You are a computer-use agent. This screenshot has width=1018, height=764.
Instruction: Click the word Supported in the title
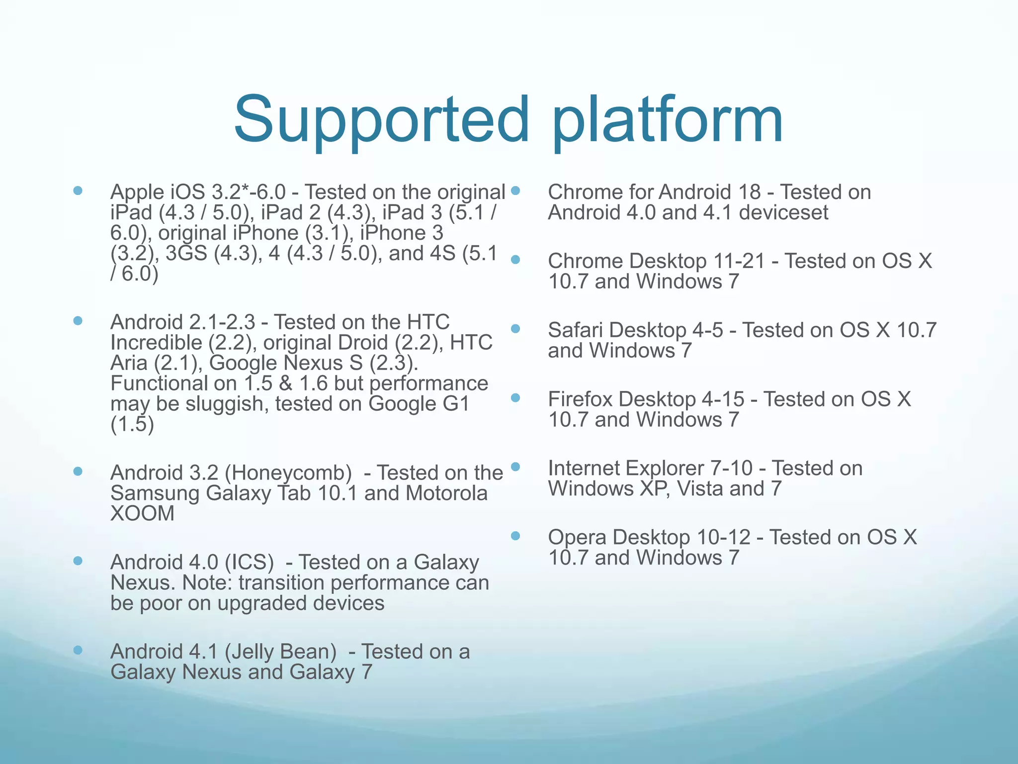382,121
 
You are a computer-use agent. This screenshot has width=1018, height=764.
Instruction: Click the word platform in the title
667,121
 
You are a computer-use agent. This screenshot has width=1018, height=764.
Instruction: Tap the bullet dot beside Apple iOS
78,191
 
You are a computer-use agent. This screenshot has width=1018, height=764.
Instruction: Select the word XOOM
143,514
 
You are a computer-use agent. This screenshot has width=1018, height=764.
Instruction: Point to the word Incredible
156,343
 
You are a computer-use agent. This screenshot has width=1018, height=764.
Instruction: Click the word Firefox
580,399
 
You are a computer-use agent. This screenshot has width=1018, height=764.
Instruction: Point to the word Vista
700,489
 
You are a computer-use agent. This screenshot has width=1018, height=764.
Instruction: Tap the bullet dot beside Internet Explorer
515,467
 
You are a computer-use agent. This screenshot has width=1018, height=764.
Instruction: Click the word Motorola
446,493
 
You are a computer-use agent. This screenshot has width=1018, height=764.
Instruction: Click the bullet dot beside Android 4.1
78,650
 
